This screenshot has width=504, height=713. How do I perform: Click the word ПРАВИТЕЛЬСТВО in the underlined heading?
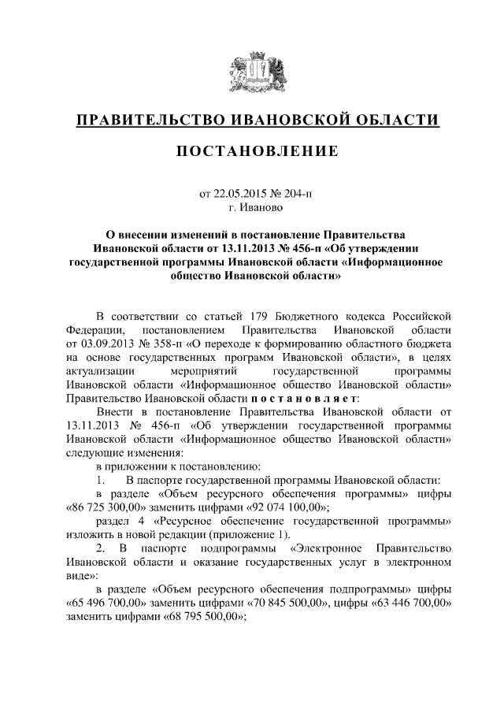148,121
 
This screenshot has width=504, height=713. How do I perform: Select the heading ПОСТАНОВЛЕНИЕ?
251,150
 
